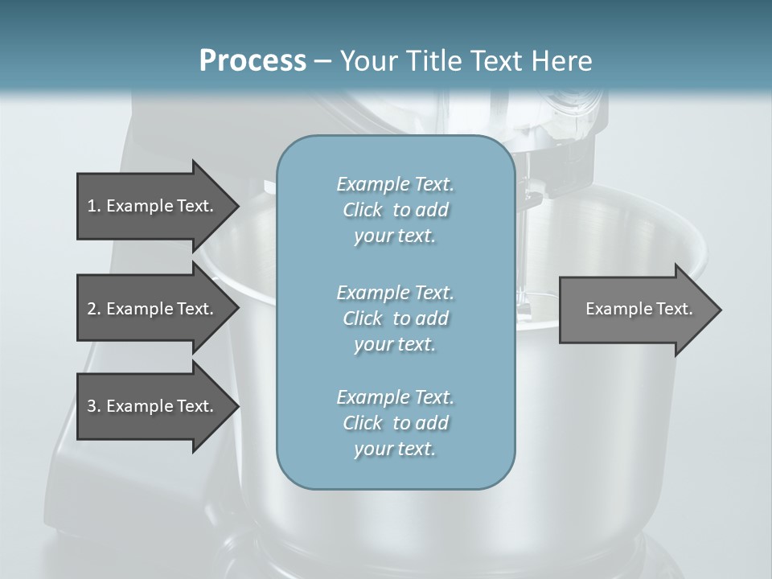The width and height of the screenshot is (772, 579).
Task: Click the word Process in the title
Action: point(253,60)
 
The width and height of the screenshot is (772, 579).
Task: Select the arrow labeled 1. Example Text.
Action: point(150,206)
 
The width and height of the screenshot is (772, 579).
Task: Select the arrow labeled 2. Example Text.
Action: point(150,309)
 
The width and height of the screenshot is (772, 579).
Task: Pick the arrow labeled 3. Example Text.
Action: point(150,406)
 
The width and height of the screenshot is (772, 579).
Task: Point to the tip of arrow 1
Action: point(237,206)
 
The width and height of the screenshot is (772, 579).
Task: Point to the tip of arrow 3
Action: point(237,406)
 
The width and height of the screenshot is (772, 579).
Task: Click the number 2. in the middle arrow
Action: point(93,309)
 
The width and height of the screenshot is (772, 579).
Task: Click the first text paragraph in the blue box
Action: point(395,210)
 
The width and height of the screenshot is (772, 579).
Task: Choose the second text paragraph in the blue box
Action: point(395,318)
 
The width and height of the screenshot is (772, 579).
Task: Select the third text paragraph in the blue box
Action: point(395,423)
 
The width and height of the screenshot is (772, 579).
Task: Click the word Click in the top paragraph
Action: point(363,210)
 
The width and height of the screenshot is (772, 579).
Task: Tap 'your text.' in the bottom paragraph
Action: point(395,450)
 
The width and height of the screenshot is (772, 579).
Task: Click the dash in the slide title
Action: point(323,61)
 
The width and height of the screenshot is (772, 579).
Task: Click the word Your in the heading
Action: point(365,60)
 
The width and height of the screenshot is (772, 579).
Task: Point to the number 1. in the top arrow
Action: point(93,206)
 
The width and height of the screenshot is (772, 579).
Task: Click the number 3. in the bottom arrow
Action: point(93,406)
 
